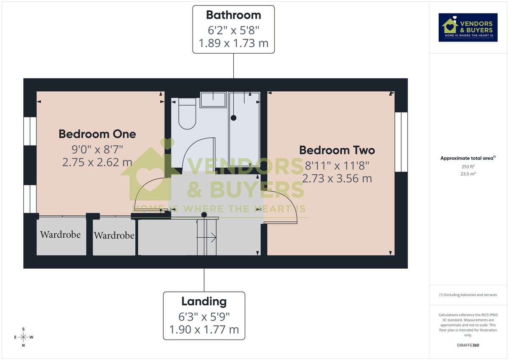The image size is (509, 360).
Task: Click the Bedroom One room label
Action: click(x=97, y=134)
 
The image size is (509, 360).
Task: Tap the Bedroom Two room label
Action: click(x=337, y=150)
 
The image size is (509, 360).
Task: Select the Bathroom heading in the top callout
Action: click(x=233, y=15)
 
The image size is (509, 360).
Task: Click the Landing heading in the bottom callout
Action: click(x=204, y=302)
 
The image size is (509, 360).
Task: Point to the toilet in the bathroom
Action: click(x=187, y=114)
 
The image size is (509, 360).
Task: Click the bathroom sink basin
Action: click(x=213, y=100)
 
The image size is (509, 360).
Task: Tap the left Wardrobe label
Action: click(x=60, y=234)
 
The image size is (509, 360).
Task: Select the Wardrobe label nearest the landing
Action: click(x=114, y=235)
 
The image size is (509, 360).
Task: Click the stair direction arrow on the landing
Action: click(x=211, y=238)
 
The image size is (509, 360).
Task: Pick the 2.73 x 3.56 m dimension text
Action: click(x=337, y=178)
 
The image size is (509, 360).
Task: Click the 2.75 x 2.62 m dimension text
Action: click(x=97, y=162)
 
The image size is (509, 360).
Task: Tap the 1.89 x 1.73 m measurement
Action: click(x=233, y=44)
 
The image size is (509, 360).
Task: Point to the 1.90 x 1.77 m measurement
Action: click(x=204, y=329)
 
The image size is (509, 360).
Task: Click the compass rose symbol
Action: click(x=23, y=337)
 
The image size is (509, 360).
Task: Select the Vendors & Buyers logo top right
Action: click(x=468, y=28)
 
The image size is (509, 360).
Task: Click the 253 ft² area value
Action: click(x=468, y=167)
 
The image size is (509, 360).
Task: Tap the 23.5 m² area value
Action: click(x=468, y=174)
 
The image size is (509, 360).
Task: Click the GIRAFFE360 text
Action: click(x=468, y=345)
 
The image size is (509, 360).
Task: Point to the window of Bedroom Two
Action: click(x=401, y=142)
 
